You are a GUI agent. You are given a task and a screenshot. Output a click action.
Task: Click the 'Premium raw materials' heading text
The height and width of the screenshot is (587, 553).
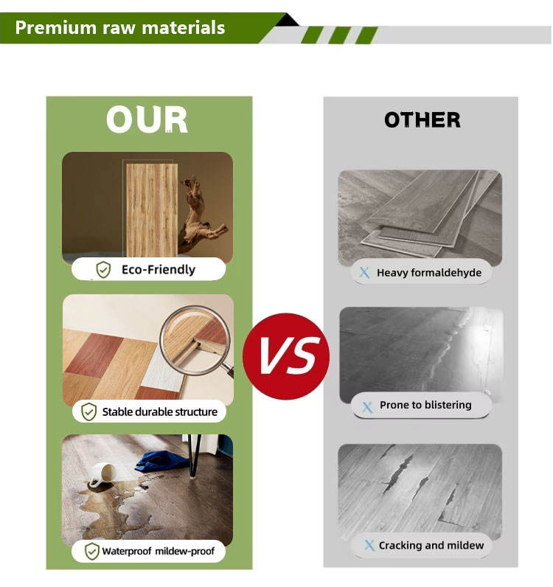click(x=119, y=28)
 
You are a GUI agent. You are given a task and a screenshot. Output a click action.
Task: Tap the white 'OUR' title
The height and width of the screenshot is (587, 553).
click(x=147, y=119)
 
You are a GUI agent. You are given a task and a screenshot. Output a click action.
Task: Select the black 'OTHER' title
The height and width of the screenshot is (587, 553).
click(x=422, y=119)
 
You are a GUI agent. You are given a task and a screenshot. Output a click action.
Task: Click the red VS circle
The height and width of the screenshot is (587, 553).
click(x=286, y=356)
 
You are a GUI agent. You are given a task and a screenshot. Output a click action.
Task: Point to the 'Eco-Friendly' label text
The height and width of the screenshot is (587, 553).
click(x=159, y=270)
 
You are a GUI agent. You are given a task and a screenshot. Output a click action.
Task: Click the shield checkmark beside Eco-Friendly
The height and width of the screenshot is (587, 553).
click(x=103, y=270)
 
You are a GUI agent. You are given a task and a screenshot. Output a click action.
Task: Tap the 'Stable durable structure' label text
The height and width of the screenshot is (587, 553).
click(x=160, y=411)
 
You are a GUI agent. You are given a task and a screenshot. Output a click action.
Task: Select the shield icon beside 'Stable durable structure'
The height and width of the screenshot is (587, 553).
click(x=88, y=411)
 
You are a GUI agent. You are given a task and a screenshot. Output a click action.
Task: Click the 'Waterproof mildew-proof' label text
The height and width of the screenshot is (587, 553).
click(x=158, y=551)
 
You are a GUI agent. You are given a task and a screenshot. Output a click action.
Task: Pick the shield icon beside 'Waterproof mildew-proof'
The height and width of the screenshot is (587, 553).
click(x=91, y=551)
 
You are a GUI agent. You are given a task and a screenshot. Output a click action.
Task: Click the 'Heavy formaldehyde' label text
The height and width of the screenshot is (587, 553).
click(x=429, y=273)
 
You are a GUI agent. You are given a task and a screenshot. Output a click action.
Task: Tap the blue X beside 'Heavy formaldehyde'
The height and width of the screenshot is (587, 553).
click(x=364, y=273)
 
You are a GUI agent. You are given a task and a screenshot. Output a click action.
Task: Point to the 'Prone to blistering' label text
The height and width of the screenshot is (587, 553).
click(x=425, y=405)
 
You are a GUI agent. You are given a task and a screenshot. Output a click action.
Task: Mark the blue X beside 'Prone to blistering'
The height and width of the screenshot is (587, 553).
click(x=367, y=407)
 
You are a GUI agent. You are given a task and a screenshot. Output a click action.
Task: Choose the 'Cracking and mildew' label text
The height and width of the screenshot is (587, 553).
click(x=431, y=546)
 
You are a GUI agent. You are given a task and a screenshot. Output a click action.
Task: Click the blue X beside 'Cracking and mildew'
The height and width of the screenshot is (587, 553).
click(x=369, y=546)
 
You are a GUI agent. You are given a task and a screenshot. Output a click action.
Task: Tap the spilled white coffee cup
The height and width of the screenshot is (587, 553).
click(x=102, y=474)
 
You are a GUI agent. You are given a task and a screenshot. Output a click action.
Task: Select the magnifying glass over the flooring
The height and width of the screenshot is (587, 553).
click(x=195, y=341)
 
